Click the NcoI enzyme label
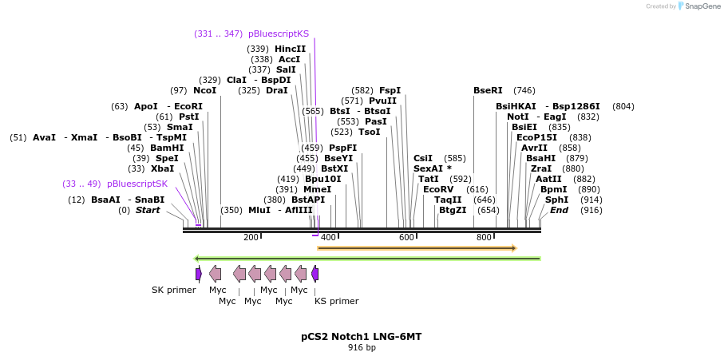(x=204, y=91)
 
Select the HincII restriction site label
(x=290, y=49)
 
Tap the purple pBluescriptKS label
(x=278, y=34)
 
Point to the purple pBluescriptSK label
(x=137, y=184)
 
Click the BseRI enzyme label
(x=488, y=91)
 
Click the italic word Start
(x=148, y=210)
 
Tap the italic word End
(x=559, y=210)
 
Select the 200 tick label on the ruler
(x=251, y=238)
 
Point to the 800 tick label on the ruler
(x=484, y=238)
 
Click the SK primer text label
(x=173, y=290)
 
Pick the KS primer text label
(x=336, y=301)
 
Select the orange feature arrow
(x=417, y=248)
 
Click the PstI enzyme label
(x=188, y=117)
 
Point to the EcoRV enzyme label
(x=438, y=189)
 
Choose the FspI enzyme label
(x=390, y=91)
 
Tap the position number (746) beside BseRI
(x=524, y=91)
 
